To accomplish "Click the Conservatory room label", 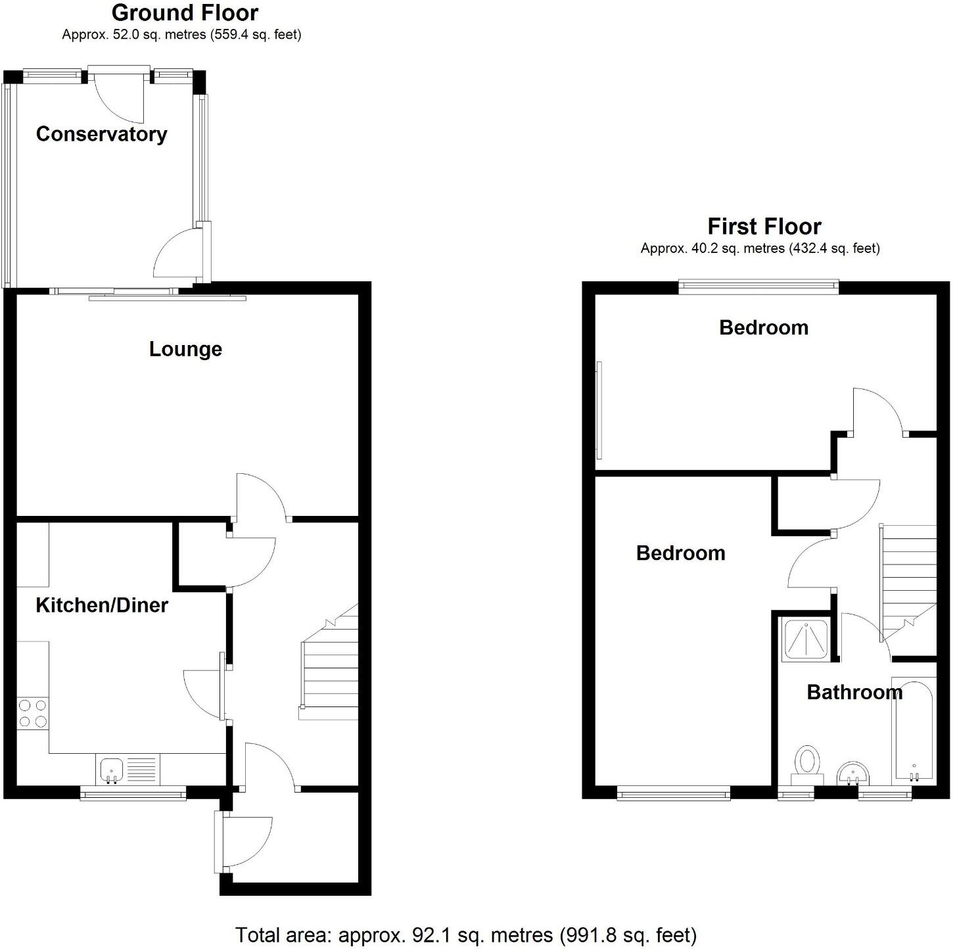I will click(x=101, y=134).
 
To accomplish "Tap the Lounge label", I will click(x=185, y=349).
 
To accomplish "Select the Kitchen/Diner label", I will click(x=102, y=605).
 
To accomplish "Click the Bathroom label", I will click(x=854, y=692).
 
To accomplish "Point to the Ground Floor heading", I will click(x=185, y=12).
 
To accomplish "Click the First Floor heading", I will click(x=764, y=227).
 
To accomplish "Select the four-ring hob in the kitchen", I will click(x=33, y=714).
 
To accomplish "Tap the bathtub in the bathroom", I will click(x=913, y=729).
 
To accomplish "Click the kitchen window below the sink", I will click(x=133, y=795).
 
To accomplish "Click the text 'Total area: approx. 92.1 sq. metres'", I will click(x=394, y=935).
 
